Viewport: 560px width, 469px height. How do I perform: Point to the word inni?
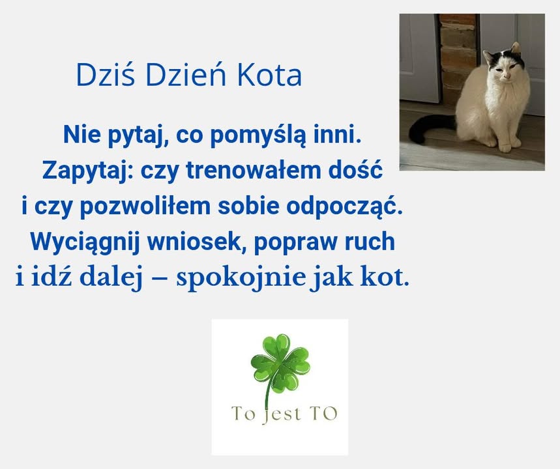336,136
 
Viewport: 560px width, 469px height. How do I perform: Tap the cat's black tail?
424,127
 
